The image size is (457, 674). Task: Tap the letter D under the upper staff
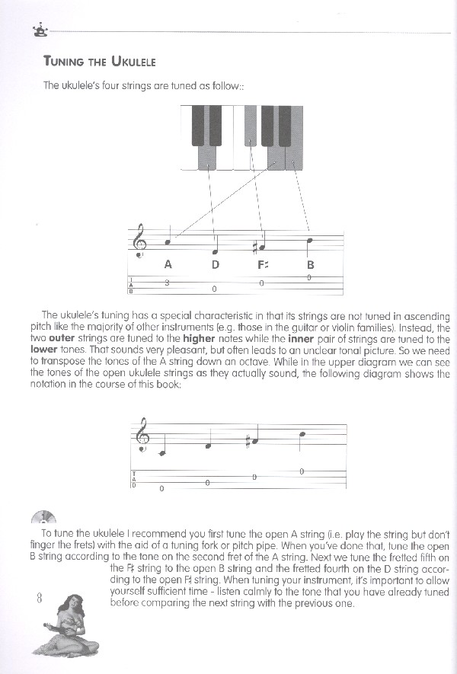coord(215,265)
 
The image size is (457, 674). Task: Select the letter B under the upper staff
coord(310,265)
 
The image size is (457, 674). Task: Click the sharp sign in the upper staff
coord(255,246)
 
